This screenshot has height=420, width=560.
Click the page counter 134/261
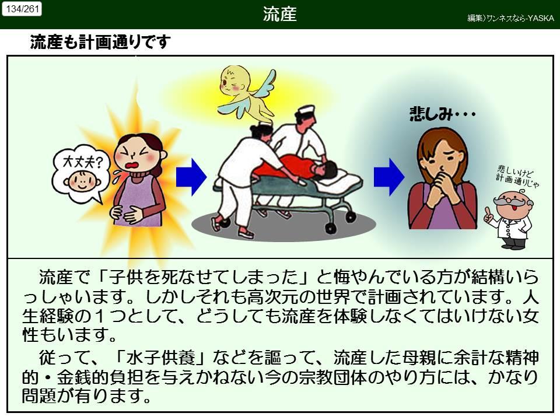coord(22,9)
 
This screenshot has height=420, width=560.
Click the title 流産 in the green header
coord(279,14)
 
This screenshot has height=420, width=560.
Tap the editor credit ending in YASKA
coord(511,18)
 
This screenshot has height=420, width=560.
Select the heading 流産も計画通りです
coord(100,42)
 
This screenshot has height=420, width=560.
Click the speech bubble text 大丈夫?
coord(82,163)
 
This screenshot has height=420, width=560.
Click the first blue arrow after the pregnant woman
coord(191,177)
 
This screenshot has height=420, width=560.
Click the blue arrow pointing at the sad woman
coord(389,177)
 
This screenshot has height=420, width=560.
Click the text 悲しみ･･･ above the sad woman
coord(443,114)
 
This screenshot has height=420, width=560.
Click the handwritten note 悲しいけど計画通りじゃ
coord(517,176)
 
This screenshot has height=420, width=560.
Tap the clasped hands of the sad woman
coord(441,187)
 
